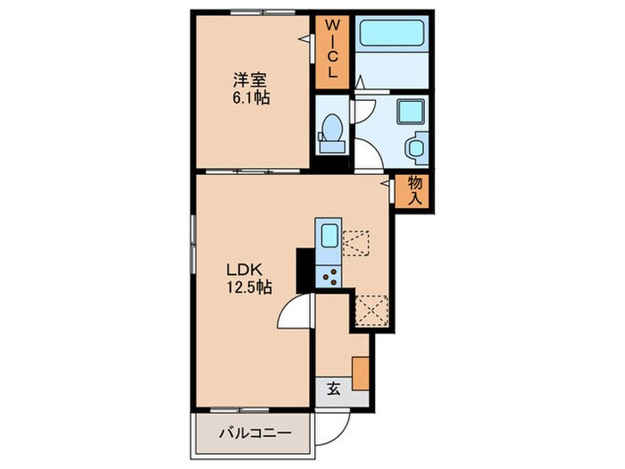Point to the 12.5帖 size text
click(249, 288)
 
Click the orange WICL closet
click(329, 51)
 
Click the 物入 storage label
click(415, 190)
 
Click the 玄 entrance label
click(332, 389)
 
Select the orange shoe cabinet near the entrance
click(361, 372)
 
